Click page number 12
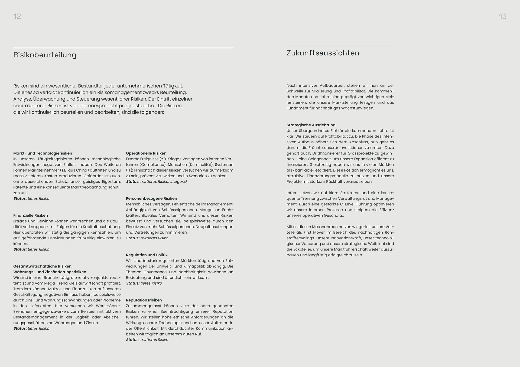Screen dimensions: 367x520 (x=17, y=17)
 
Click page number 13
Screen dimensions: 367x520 (x=503, y=17)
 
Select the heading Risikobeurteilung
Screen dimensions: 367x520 (x=45, y=55)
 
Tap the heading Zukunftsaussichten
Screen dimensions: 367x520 (x=323, y=53)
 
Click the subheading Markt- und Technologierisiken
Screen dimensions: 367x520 (x=43, y=153)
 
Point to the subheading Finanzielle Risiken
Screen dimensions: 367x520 (x=31, y=215)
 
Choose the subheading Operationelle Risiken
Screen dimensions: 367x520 (x=146, y=153)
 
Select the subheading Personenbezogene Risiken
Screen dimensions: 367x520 (x=151, y=199)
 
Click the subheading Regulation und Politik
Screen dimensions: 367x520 (x=147, y=255)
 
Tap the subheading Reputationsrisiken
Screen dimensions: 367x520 (x=144, y=300)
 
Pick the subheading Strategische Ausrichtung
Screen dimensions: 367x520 (x=311, y=125)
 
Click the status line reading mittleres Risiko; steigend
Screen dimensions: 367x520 (x=156, y=182)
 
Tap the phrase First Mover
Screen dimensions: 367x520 (x=317, y=233)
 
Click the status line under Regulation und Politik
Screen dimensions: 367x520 (x=144, y=284)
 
